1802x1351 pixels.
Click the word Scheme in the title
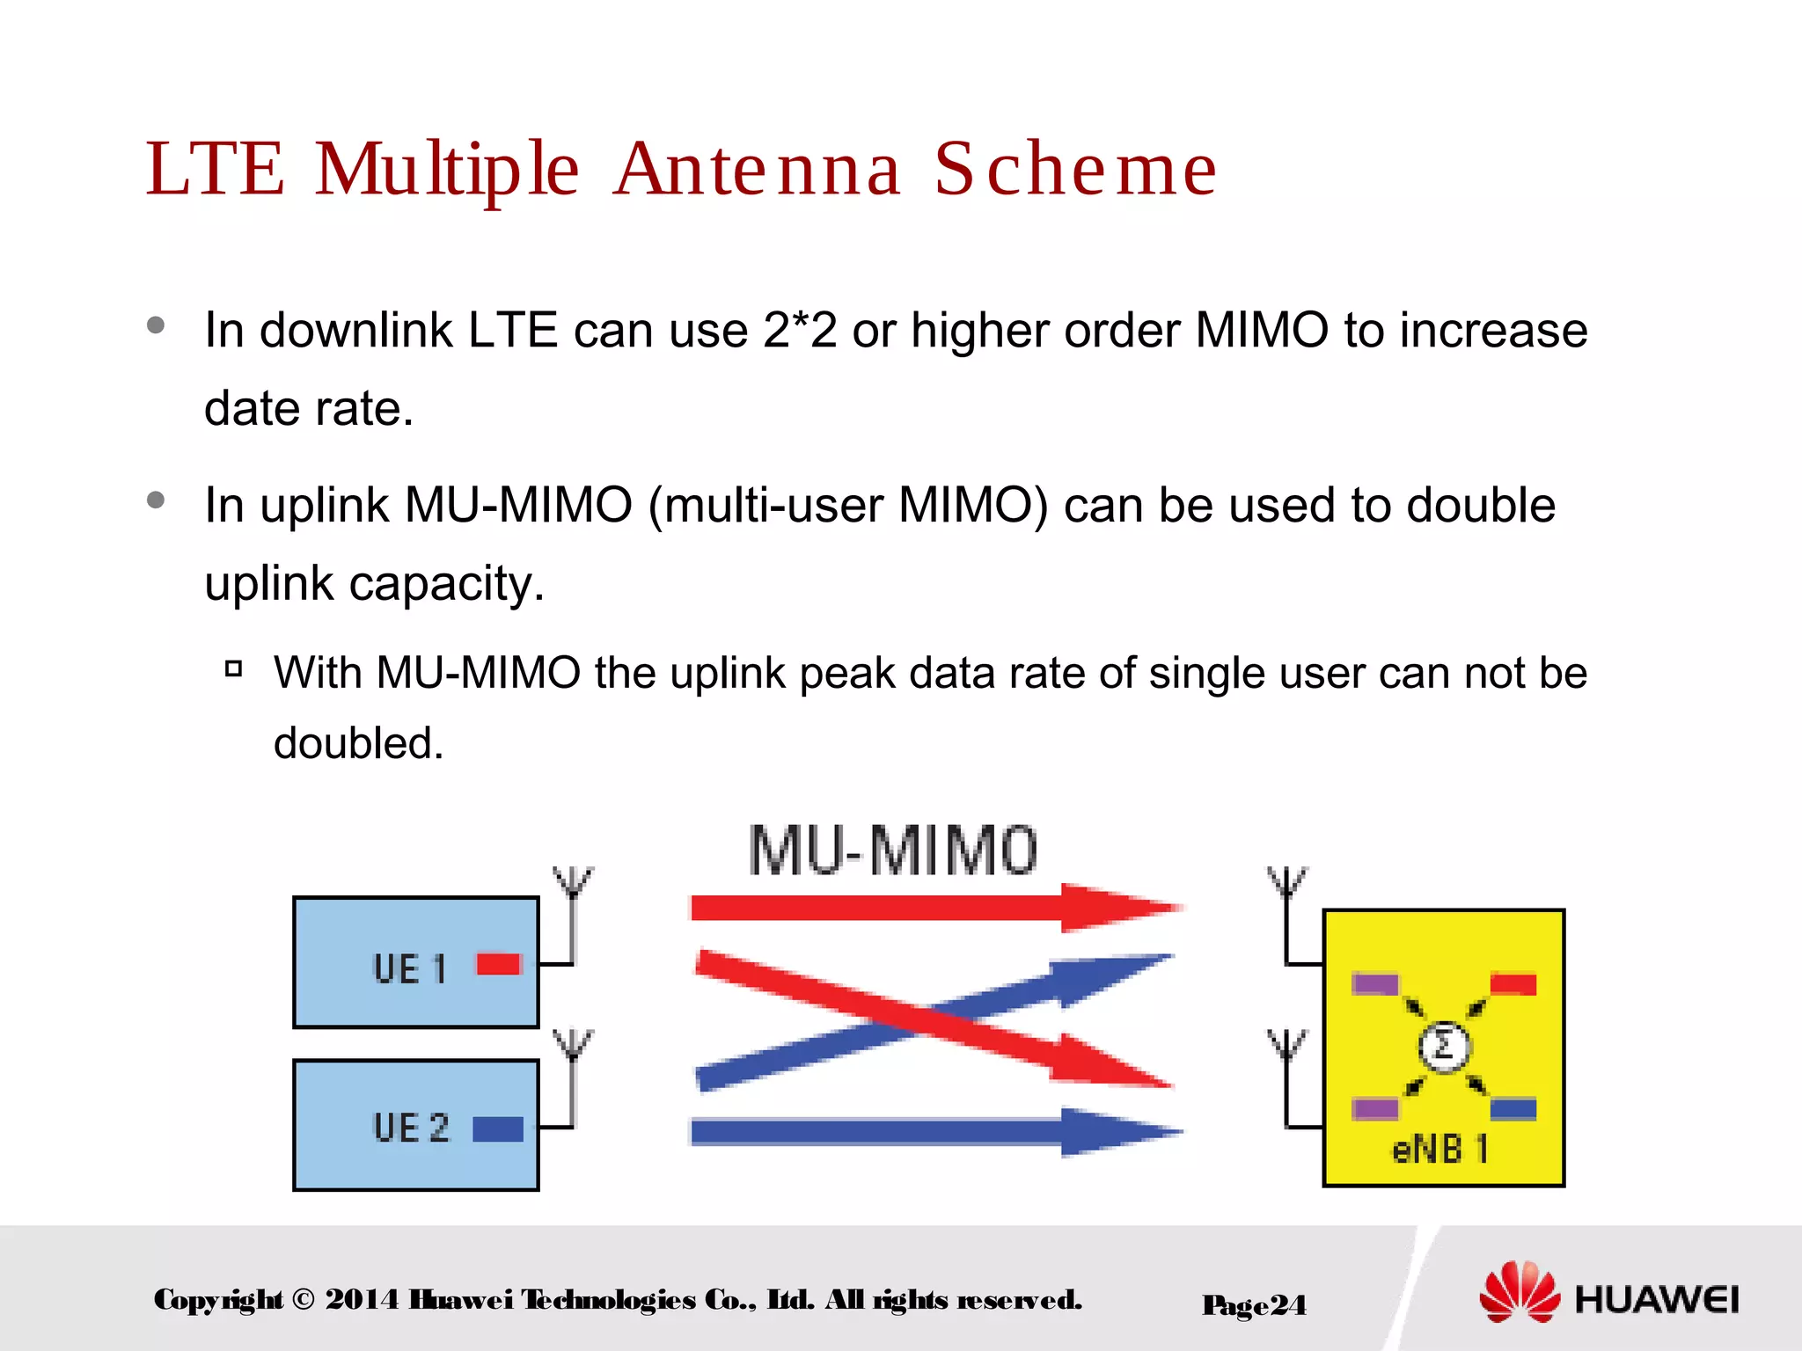1075,169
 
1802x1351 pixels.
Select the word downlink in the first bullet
355,331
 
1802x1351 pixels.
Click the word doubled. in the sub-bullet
358,743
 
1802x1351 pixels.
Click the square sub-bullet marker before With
233,669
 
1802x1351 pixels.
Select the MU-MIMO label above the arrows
892,851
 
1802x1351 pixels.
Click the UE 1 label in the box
409,969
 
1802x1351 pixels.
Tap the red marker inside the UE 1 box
499,965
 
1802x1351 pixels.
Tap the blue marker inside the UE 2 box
498,1128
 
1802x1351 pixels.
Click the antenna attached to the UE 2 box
573,1055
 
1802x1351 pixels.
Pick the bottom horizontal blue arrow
933,1132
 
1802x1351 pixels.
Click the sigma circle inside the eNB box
1443,1047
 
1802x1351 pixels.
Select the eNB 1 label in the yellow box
1439,1149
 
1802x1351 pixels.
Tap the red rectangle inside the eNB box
1513,983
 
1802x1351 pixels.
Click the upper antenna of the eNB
1286,888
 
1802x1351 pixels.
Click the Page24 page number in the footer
1254,1304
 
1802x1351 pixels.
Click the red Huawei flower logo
1520,1291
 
